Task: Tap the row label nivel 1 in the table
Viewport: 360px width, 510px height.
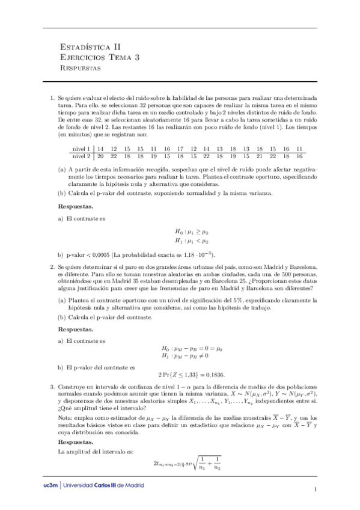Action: click(x=81, y=149)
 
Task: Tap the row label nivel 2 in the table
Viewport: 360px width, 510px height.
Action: click(x=81, y=156)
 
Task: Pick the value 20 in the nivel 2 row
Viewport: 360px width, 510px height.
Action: click(x=100, y=156)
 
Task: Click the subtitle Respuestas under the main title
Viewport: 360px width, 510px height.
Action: click(x=81, y=69)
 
